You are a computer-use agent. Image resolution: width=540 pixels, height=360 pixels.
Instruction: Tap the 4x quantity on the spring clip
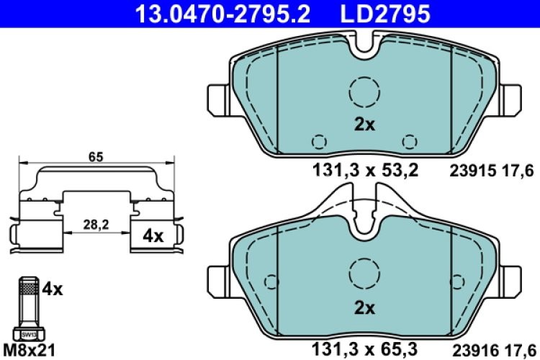(x=153, y=235)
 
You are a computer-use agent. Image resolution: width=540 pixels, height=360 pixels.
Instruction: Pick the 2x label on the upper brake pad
(x=365, y=124)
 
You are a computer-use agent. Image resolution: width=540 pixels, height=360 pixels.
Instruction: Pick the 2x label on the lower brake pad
(x=365, y=307)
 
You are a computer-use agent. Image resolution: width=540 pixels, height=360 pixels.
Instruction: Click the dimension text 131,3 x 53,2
(x=365, y=171)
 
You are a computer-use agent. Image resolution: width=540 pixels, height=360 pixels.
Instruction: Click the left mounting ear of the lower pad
(x=217, y=278)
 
